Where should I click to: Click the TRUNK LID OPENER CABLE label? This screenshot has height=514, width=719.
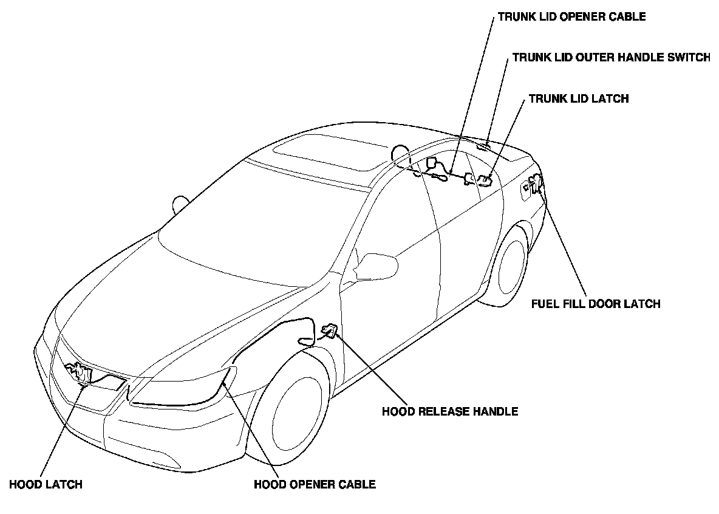click(571, 17)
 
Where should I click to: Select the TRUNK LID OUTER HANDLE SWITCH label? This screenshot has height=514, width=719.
click(611, 58)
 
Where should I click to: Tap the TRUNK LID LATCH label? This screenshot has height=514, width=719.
click(579, 98)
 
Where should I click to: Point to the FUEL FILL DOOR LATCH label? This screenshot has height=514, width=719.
click(595, 303)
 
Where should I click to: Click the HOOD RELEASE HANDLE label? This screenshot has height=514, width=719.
click(450, 411)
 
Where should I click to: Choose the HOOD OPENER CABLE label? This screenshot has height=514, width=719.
click(315, 484)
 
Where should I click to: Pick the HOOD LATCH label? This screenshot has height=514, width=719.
click(46, 484)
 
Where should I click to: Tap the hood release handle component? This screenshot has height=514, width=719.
click(329, 331)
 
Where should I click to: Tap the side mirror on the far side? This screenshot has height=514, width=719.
click(181, 204)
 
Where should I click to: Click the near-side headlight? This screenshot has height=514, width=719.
click(182, 389)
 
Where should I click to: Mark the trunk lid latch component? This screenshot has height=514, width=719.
click(484, 180)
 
